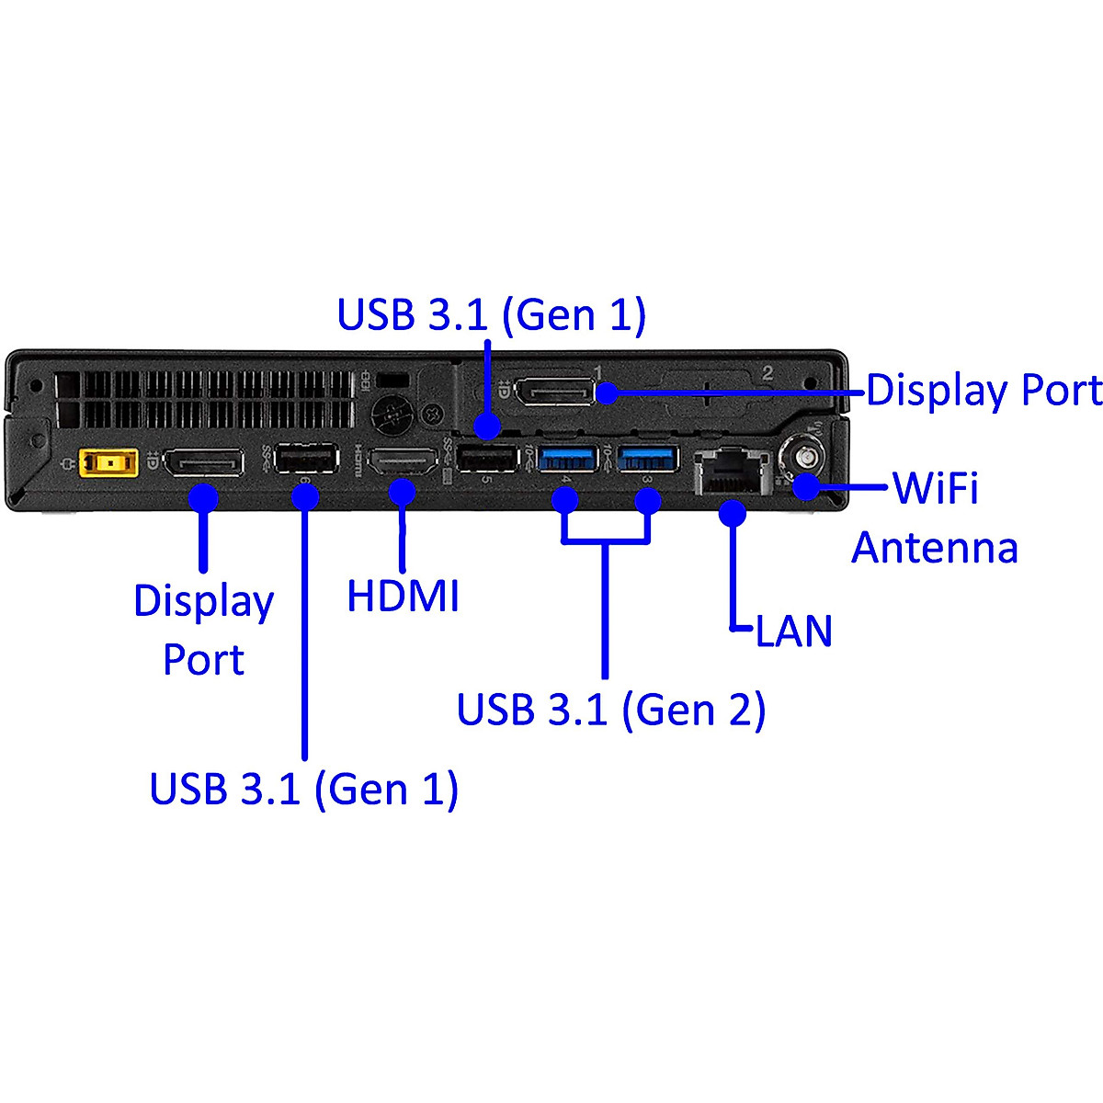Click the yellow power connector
pyautogui.click(x=108, y=462)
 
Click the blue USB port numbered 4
pyautogui.click(x=567, y=458)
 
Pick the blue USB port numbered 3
pyautogui.click(x=647, y=458)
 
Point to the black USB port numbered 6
pyautogui.click(x=306, y=459)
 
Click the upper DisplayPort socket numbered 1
pyautogui.click(x=553, y=392)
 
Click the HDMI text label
pyautogui.click(x=403, y=596)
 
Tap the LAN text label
pyautogui.click(x=793, y=631)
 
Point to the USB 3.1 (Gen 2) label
pyautogui.click(x=610, y=710)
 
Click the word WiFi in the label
pyautogui.click(x=935, y=487)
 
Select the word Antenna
pyautogui.click(x=935, y=548)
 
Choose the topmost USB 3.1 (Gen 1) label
pyautogui.click(x=491, y=314)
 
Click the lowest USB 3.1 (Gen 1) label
pyautogui.click(x=303, y=789)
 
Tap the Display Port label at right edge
pyautogui.click(x=984, y=391)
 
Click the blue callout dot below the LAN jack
pyautogui.click(x=733, y=513)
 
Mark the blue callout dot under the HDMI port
pyautogui.click(x=403, y=493)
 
